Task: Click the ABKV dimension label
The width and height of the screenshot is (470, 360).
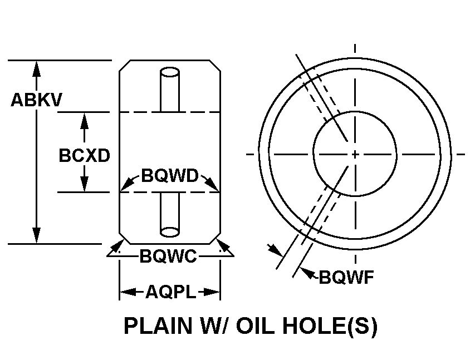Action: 37,100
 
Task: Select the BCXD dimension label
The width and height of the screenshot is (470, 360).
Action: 84,155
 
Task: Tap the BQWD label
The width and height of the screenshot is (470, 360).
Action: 170,176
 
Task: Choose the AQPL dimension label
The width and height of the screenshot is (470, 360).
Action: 170,292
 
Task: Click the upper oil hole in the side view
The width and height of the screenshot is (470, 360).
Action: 170,89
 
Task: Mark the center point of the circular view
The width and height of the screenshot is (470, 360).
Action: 355,154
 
